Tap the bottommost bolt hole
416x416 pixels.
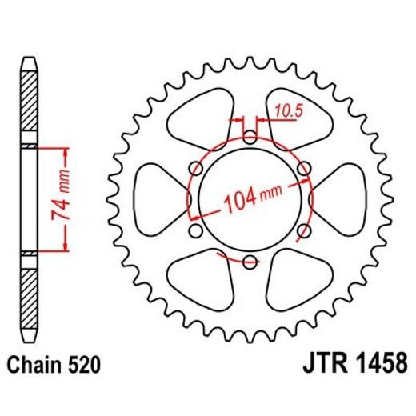[250, 261]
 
